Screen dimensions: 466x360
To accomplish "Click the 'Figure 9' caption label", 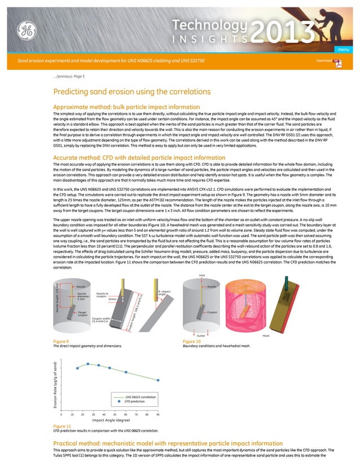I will [x=60, y=342].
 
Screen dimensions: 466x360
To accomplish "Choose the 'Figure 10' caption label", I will [x=192, y=342].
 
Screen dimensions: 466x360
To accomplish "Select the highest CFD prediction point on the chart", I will [x=87, y=364].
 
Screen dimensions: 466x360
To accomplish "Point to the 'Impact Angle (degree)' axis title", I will [x=111, y=420].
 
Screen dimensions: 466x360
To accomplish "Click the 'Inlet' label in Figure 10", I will [x=201, y=276].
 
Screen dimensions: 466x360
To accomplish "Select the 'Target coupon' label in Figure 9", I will [x=82, y=314].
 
